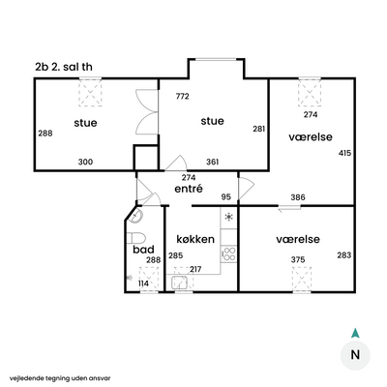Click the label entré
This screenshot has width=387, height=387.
[x=189, y=189]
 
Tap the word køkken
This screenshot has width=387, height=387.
[x=195, y=239]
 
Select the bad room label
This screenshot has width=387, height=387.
[x=143, y=250]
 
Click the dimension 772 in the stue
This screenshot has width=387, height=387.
[x=183, y=97]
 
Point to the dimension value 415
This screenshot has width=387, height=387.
[x=344, y=153]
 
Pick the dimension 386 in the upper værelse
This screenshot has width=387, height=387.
[x=298, y=197]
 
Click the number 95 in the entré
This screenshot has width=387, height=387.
[x=226, y=196]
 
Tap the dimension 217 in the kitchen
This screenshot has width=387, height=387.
[x=195, y=269]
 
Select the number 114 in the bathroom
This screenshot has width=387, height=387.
[x=143, y=283]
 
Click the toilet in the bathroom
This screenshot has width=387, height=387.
[x=135, y=238]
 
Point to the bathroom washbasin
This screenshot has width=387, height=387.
[x=136, y=216]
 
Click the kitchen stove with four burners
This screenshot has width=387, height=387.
[x=228, y=253]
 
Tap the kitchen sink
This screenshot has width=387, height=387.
[x=180, y=283]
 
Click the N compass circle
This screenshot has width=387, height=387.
[x=355, y=355]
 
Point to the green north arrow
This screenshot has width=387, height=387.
[x=355, y=333]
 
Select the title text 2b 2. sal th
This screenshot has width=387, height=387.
[x=64, y=67]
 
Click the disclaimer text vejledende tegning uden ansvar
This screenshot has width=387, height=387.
[x=60, y=378]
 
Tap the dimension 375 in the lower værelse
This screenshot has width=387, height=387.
[x=298, y=259]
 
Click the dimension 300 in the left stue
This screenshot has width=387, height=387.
[x=85, y=162]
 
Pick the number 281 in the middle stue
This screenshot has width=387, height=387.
[x=259, y=129]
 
